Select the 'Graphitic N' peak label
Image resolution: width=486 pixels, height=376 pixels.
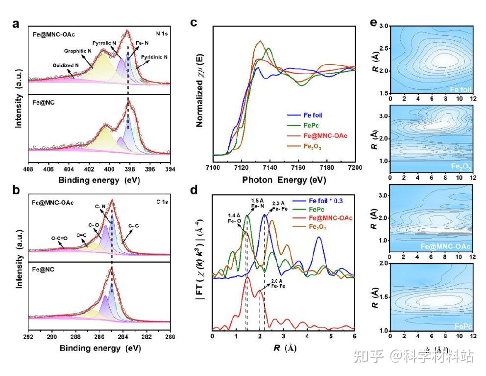[78, 51]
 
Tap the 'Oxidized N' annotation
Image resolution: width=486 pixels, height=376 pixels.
[66, 65]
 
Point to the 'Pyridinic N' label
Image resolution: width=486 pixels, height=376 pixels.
[154, 57]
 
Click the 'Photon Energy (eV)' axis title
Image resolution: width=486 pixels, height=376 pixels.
[284, 180]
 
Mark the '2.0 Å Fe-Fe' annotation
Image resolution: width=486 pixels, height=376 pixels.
[272, 285]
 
